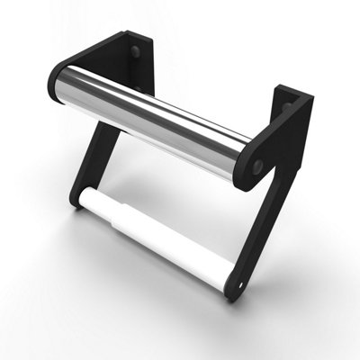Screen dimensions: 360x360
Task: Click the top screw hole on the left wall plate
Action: (135, 52)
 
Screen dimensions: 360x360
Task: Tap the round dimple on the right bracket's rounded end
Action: (257, 167)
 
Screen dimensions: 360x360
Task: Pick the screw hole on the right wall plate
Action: (288, 107)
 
